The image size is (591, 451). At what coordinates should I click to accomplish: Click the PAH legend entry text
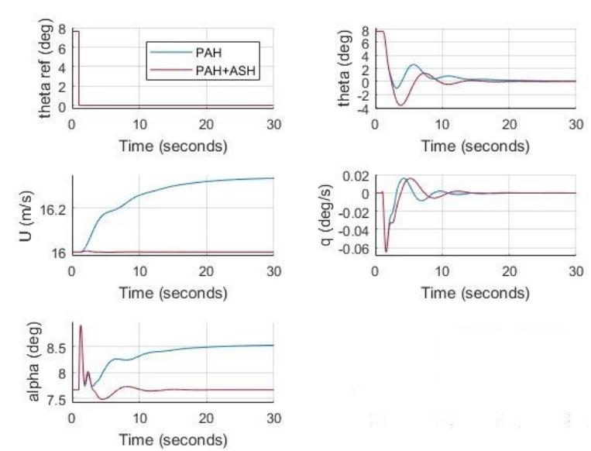208,52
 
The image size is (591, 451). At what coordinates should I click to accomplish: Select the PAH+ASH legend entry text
225,71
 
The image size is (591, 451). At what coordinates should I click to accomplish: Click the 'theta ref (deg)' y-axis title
45,68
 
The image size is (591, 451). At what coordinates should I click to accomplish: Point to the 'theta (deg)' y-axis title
345,69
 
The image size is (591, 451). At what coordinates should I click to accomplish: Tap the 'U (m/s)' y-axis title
27,216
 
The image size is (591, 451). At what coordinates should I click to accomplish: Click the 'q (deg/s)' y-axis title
326,215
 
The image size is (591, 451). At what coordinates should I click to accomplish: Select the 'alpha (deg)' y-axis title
34,362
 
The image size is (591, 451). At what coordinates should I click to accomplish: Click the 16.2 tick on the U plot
52,210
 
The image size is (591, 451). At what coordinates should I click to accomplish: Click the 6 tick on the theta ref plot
62,48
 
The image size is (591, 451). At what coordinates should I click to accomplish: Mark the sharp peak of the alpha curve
81,325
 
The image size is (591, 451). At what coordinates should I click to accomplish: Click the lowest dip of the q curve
386,251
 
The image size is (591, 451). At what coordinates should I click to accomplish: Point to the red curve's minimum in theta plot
400,105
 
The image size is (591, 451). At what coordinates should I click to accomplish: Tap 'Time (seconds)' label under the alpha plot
174,440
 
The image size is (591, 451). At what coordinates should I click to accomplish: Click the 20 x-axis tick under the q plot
509,272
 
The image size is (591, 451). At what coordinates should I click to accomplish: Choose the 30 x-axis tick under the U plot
274,272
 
